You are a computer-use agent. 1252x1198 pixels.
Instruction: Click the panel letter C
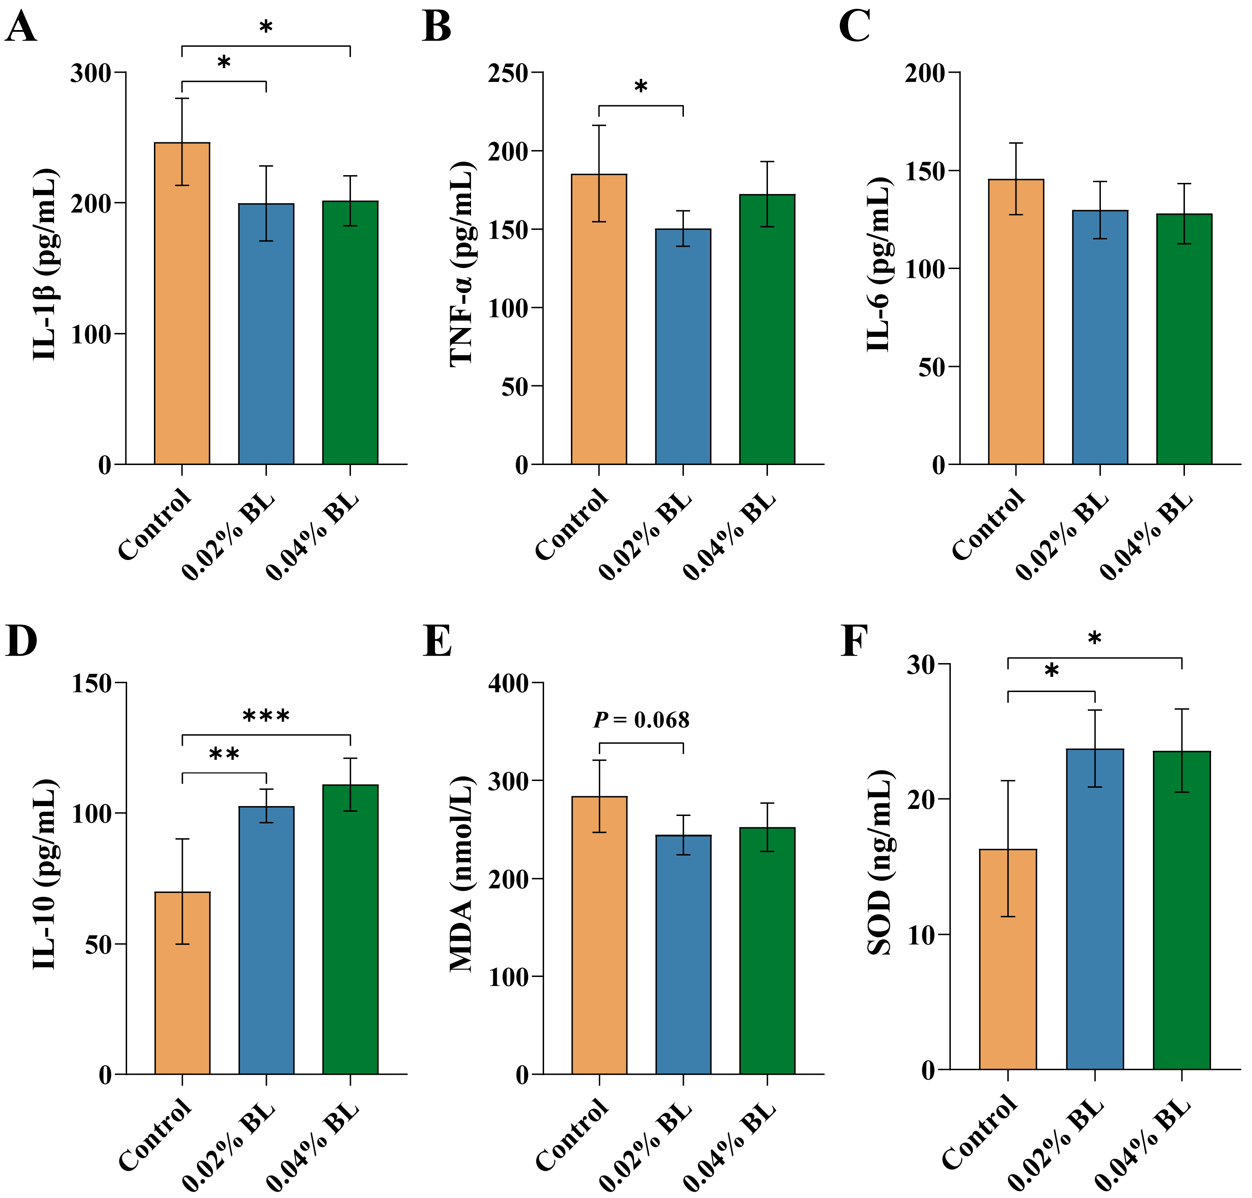tap(854, 27)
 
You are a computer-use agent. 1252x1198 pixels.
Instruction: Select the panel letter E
tap(437, 642)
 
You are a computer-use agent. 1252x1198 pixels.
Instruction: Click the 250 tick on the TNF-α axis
tap(508, 73)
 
